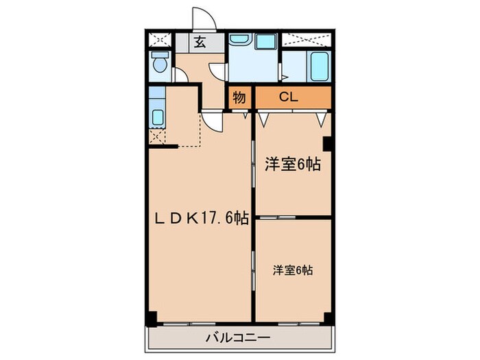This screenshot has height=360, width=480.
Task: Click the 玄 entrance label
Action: point(200,42)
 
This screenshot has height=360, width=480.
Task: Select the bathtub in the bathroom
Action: point(319,66)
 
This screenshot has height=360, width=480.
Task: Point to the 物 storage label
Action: point(239,97)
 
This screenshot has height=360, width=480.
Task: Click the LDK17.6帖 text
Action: point(200,218)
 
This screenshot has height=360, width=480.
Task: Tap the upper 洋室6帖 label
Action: point(293,165)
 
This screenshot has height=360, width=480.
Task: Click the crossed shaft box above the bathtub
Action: point(307,40)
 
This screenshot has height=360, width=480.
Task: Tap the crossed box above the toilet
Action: point(158,40)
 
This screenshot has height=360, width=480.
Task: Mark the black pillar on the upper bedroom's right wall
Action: point(328,145)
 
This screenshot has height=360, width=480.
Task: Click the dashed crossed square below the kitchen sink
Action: point(156,136)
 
